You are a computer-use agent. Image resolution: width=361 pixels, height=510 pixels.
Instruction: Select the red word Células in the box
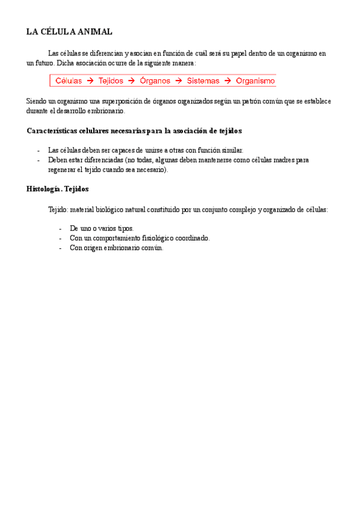[69, 81]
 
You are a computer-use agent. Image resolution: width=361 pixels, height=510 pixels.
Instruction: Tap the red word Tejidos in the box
[111, 81]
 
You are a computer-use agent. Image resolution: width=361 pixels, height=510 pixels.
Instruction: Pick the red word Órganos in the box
[155, 81]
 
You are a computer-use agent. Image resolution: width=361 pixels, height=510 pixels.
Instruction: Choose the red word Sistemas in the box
[203, 81]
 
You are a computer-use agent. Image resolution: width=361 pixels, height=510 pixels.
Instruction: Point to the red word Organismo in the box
[255, 81]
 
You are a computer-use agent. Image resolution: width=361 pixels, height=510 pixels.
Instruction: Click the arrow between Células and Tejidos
[90, 81]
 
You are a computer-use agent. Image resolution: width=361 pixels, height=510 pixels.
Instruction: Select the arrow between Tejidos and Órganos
[132, 81]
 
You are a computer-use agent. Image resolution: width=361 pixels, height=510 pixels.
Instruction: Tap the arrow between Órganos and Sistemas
[178, 81]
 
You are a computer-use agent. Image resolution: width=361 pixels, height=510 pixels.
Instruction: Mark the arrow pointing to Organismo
[227, 81]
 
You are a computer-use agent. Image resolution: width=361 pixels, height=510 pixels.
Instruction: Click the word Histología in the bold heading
[43, 189]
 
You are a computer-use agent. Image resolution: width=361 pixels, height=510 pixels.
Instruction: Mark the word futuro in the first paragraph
[43, 63]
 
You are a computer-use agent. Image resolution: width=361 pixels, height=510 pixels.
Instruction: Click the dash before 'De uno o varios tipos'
[61, 229]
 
